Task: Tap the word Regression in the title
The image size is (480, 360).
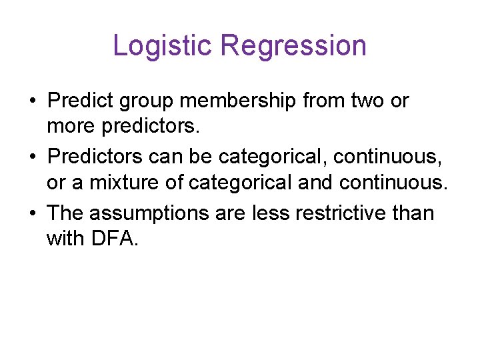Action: pyautogui.click(x=293, y=46)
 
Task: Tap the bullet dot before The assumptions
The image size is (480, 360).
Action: pyautogui.click(x=32, y=214)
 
